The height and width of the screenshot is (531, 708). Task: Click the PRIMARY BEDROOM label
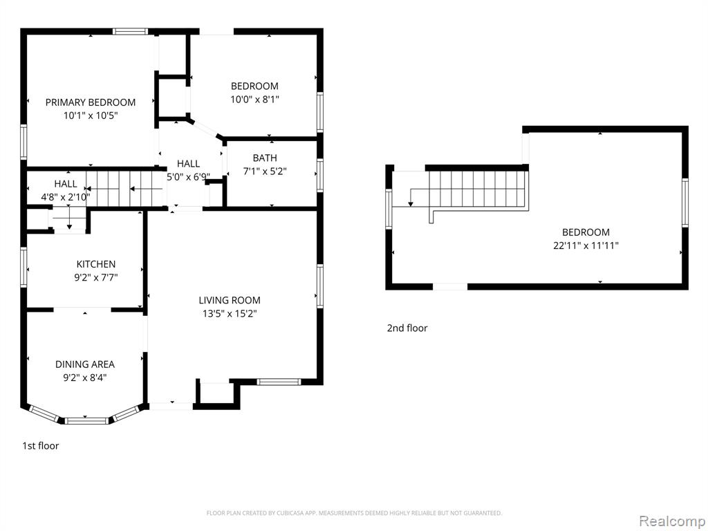point(91,102)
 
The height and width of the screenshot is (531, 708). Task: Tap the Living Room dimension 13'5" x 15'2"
point(230,313)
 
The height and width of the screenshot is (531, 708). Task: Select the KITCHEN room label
point(95,264)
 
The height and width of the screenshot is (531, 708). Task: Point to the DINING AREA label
point(85,364)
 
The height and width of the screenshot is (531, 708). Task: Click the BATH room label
point(265,158)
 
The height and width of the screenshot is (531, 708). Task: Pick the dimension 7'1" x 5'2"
point(265,171)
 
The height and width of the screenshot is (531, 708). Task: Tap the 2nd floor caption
point(407,328)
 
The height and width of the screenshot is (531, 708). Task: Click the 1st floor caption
point(41,446)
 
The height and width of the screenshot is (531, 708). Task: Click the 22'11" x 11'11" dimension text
point(586,246)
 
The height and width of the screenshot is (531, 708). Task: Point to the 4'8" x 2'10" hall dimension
point(66,197)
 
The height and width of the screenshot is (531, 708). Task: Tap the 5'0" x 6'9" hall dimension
point(188,177)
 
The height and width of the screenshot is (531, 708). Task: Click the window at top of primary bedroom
point(130,32)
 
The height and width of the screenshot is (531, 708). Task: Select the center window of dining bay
point(87,421)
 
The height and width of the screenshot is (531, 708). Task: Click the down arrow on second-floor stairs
point(411,198)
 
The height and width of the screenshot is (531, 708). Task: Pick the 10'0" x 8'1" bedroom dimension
point(254,100)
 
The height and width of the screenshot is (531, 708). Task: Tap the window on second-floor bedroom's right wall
point(685,203)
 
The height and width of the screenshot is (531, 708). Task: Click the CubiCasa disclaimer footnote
point(354,513)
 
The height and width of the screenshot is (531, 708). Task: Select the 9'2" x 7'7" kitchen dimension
point(95,277)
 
